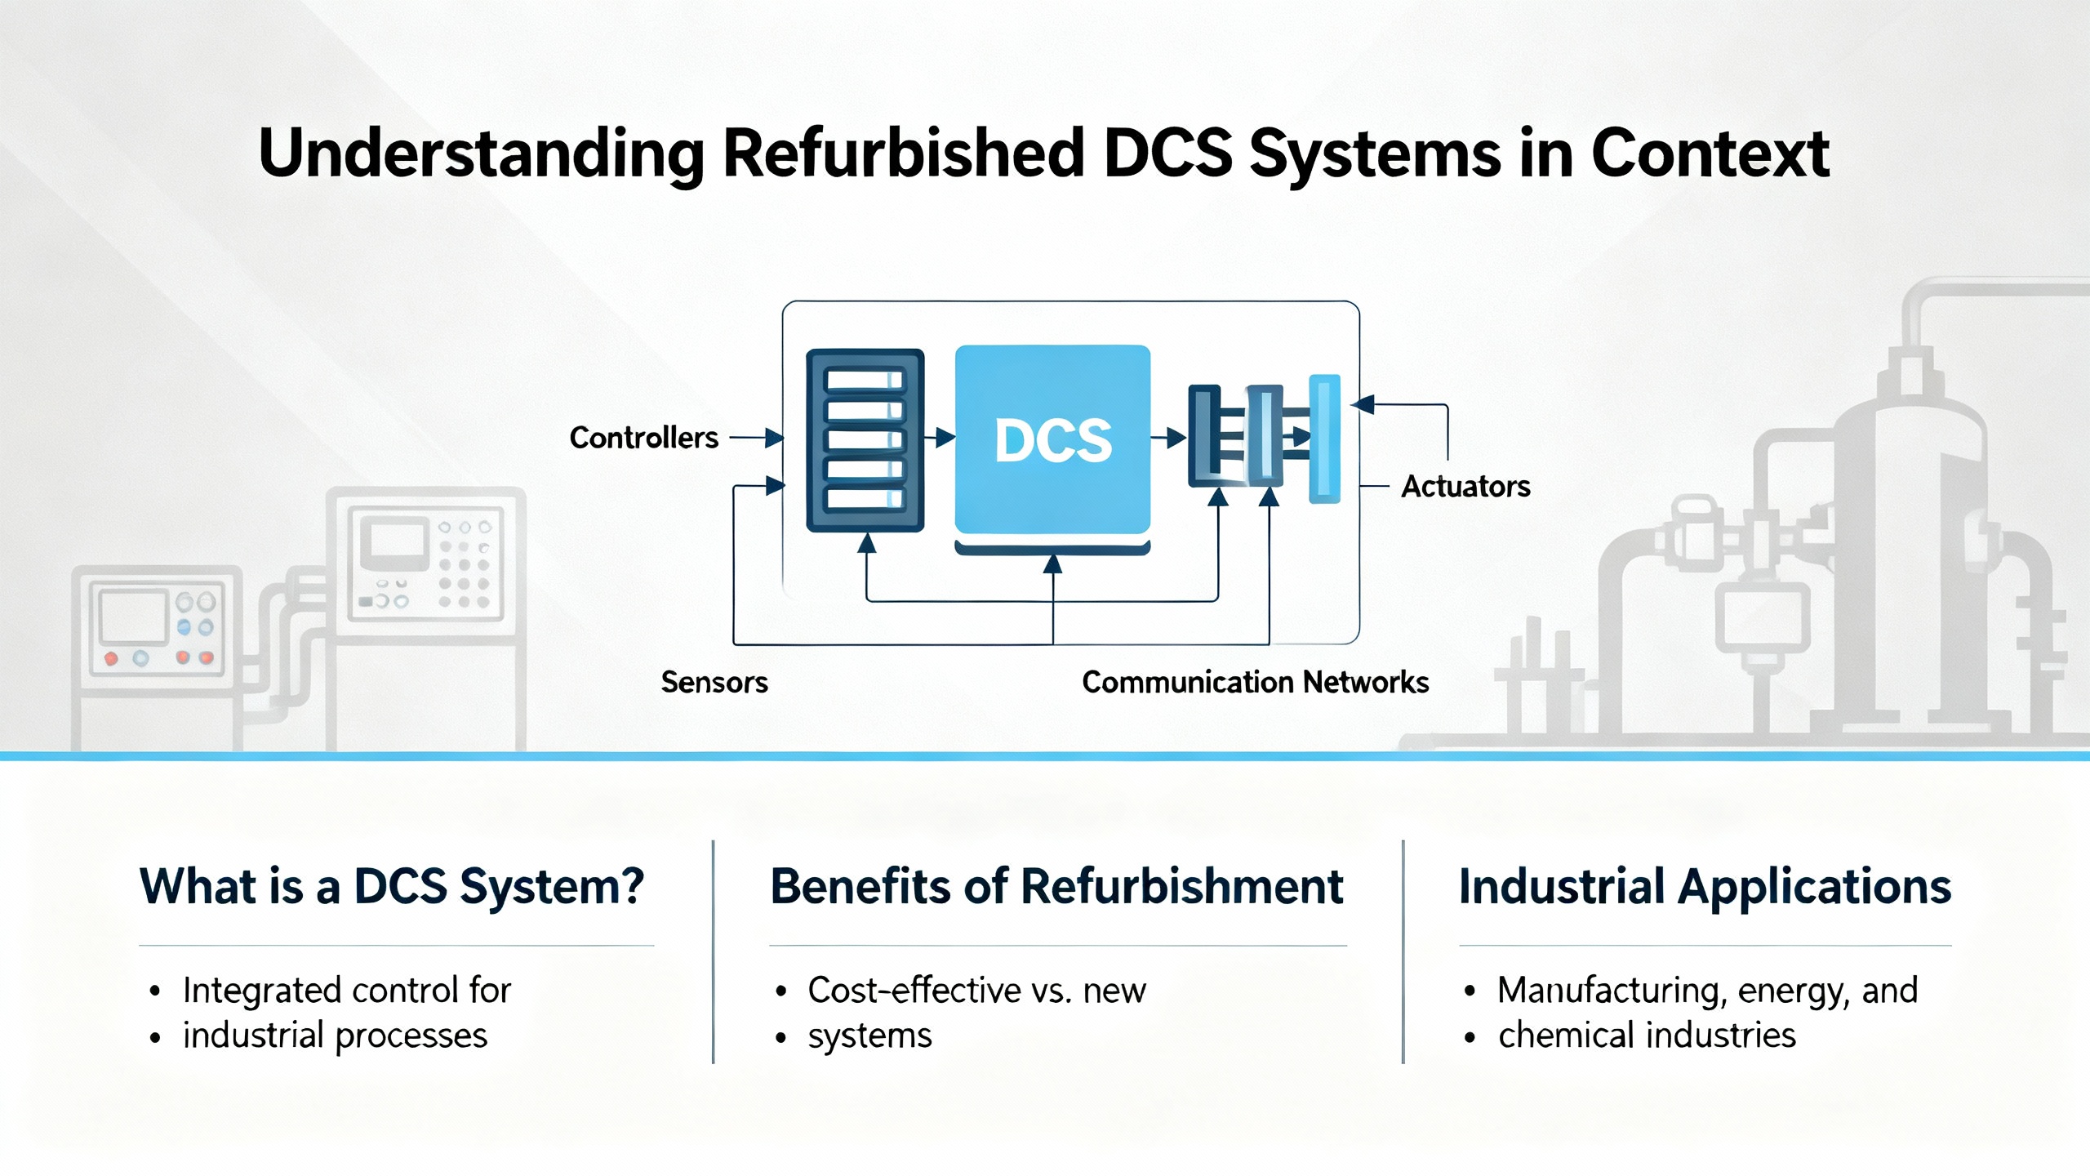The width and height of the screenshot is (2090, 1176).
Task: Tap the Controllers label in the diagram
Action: coord(643,438)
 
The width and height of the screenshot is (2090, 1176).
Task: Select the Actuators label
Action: coord(1465,487)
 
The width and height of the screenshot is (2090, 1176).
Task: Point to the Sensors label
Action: coord(714,682)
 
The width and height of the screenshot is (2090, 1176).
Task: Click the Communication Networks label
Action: coord(1255,682)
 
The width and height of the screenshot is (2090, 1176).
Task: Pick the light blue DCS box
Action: coord(1052,439)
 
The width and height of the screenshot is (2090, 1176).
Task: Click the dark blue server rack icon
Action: coord(865,440)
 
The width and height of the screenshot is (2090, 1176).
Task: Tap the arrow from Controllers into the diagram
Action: coord(756,438)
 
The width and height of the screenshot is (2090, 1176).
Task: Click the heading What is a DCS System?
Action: coord(392,886)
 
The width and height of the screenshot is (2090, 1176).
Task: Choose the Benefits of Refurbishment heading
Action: coord(1056,886)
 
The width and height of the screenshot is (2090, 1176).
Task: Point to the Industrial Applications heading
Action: coord(1705,886)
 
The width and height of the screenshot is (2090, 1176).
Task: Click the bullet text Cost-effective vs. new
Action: coord(976,990)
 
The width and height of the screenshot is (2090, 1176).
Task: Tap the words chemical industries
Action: coord(1647,1035)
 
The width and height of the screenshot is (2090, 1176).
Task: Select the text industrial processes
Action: coord(335,1035)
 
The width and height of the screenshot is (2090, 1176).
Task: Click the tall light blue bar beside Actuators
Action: coord(1324,439)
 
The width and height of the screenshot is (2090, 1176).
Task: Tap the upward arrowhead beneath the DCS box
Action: coord(1053,563)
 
